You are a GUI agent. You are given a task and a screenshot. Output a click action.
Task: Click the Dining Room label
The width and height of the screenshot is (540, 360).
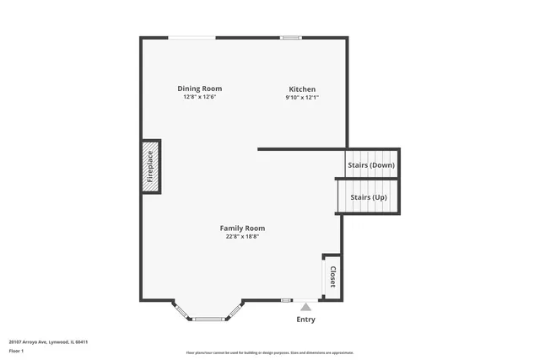click(200, 89)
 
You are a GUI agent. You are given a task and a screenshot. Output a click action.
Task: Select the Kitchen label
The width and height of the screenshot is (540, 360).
click(302, 89)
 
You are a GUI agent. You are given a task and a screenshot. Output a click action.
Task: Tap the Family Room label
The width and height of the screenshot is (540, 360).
click(242, 228)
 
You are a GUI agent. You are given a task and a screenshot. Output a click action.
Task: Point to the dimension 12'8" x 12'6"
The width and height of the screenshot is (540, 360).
click(200, 97)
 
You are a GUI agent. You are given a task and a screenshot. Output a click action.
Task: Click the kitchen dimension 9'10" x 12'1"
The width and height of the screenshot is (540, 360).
click(302, 98)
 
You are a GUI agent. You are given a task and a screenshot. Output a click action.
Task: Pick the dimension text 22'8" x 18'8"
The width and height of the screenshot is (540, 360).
click(242, 237)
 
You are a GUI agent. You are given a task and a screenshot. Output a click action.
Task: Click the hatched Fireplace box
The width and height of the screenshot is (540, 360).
click(150, 166)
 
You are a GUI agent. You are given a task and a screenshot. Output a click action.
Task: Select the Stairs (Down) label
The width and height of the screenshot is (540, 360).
click(371, 165)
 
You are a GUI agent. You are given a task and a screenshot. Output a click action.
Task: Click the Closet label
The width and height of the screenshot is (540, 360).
click(332, 277)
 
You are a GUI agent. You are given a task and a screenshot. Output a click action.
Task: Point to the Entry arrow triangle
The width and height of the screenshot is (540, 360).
click(305, 307)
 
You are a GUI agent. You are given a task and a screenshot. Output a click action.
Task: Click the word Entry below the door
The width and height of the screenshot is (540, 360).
click(305, 320)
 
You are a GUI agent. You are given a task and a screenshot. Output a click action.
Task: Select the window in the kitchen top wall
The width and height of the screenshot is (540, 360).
click(291, 37)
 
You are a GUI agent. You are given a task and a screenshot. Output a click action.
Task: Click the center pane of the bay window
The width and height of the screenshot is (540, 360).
click(208, 319)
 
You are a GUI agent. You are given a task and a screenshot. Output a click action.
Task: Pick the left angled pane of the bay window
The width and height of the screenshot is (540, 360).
click(181, 309)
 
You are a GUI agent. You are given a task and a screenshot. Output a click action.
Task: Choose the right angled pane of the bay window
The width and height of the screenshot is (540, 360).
click(235, 309)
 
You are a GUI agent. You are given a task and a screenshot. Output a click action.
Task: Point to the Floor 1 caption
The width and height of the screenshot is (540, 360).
click(16, 350)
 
